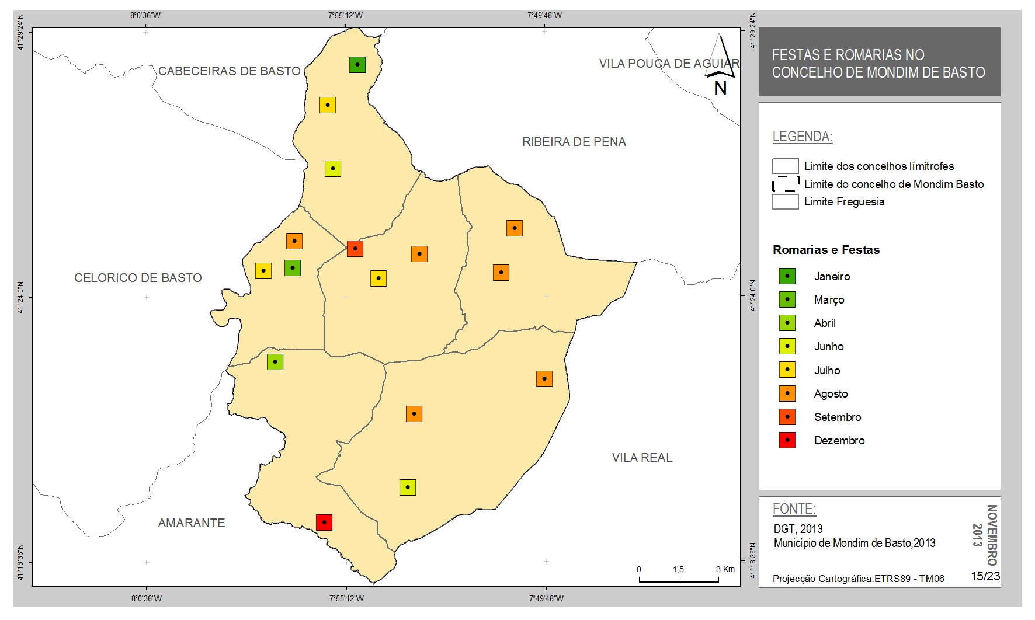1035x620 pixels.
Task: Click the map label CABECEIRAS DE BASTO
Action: click(230, 71)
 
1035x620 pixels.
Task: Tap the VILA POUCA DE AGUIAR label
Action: click(669, 63)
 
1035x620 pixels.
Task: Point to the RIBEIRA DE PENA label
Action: click(574, 142)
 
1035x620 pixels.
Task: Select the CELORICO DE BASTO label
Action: click(138, 278)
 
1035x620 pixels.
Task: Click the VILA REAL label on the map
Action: click(642, 458)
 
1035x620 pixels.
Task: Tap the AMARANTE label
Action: click(192, 523)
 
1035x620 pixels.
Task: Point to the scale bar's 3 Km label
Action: click(725, 569)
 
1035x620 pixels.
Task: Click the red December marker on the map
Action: click(324, 522)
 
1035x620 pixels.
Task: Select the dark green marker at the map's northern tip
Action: click(357, 64)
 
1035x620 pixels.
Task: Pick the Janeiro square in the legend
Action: click(787, 276)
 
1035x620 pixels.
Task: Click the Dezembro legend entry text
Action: click(839, 441)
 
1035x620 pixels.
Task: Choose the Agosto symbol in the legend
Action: click(787, 393)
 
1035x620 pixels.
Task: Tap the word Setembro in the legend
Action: click(838, 417)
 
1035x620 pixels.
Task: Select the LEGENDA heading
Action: click(802, 137)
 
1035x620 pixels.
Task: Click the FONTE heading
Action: click(794, 509)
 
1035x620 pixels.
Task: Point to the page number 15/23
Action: click(985, 576)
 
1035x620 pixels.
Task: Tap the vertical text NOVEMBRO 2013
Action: click(985, 535)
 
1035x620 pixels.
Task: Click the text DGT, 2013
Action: click(798, 529)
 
